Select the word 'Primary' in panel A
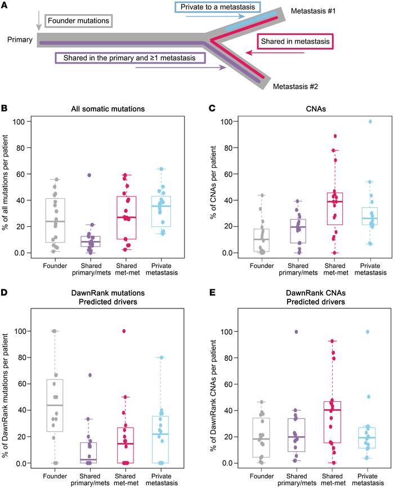point(20,40)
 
